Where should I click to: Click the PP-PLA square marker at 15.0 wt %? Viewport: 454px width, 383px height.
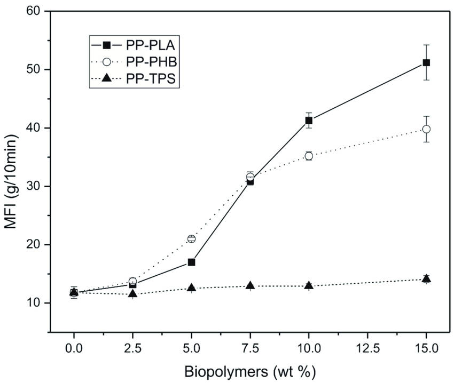tap(426, 62)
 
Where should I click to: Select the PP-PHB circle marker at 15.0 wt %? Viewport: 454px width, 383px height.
tap(426, 129)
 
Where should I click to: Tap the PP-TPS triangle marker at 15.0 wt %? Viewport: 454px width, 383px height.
tap(426, 278)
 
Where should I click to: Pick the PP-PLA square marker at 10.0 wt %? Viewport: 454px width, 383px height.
tap(309, 121)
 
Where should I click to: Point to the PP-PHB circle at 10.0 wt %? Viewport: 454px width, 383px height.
tap(309, 156)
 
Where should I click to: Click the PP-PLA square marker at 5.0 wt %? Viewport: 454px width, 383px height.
tap(191, 262)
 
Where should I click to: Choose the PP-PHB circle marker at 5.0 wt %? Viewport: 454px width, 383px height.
tap(191, 238)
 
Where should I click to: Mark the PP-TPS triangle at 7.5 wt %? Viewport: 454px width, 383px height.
tap(250, 285)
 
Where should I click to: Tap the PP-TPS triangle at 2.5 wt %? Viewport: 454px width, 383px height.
tap(132, 293)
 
